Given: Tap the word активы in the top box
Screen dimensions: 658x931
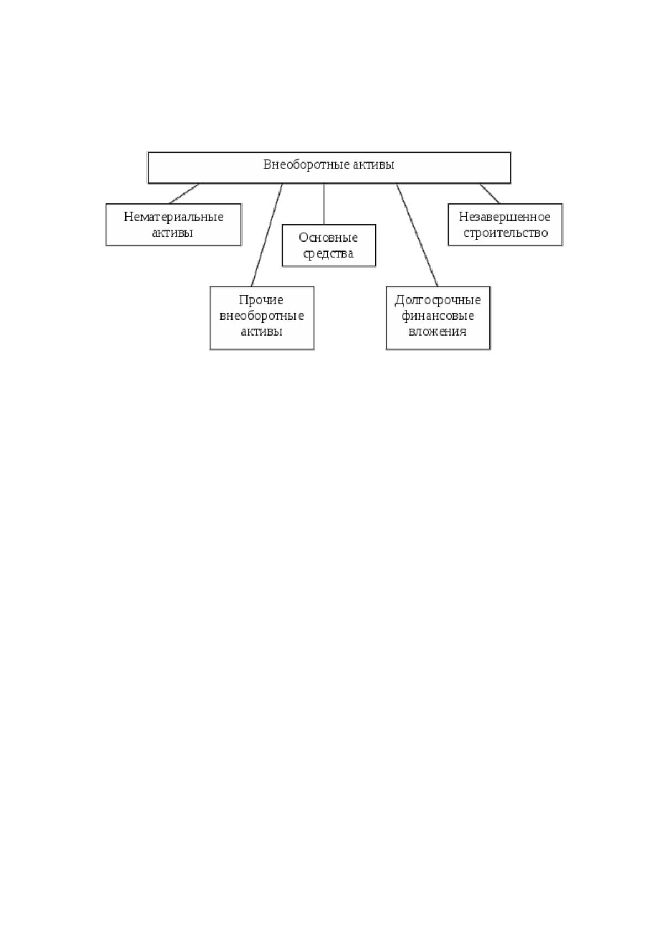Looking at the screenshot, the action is point(373,165).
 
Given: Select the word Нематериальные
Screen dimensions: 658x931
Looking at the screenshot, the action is point(173,217).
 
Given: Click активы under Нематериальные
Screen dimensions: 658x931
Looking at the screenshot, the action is point(172,233).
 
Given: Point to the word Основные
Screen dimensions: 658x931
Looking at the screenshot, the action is point(328,238).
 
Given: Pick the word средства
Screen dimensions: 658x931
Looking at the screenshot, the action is point(328,254).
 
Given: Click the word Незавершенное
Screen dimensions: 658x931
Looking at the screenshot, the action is point(505,217).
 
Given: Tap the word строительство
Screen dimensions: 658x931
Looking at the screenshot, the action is point(506,233).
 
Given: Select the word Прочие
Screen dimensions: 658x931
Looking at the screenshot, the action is point(261,300).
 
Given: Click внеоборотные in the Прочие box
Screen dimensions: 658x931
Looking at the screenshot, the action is point(262,316).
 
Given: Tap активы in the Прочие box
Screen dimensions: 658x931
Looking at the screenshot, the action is point(262,332).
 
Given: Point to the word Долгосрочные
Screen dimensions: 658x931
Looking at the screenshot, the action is point(438,300).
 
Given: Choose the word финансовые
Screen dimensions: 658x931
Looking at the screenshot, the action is point(438,316).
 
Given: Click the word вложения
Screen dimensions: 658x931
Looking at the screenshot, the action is point(438,332).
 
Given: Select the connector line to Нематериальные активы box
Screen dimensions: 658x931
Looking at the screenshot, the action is point(185,193).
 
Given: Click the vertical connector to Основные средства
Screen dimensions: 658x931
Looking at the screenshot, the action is point(324,203).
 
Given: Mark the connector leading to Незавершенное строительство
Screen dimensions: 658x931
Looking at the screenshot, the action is point(489,193).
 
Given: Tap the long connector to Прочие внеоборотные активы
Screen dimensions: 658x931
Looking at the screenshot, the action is point(267,235).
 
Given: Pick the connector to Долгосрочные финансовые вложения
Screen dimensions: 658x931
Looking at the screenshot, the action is point(417,235).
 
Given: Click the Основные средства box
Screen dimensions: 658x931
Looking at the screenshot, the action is point(329,245).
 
